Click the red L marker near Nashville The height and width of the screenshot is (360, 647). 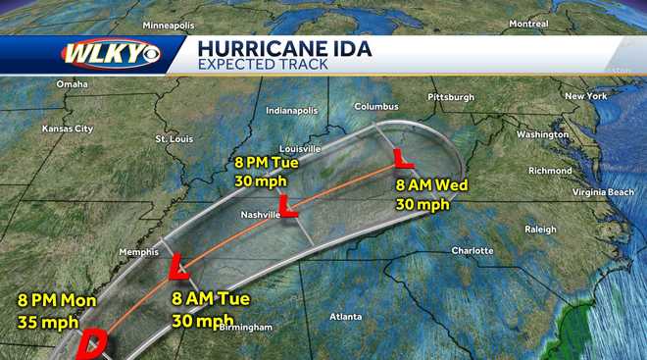click(x=288, y=205)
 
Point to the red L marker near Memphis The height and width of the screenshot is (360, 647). click(x=177, y=266)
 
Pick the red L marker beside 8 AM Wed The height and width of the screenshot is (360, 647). click(x=402, y=157)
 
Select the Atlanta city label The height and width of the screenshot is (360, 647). click(x=345, y=317)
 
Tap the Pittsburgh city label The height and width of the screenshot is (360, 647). click(x=451, y=97)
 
